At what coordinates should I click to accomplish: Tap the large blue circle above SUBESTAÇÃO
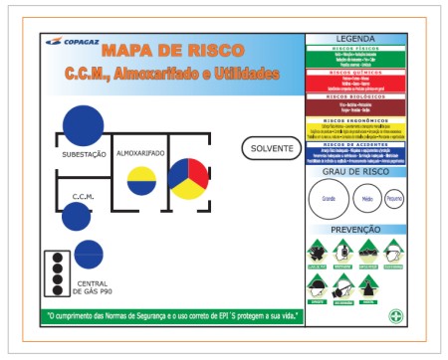pyautogui.click(x=83, y=124)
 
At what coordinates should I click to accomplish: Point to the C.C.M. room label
pyautogui.click(x=83, y=197)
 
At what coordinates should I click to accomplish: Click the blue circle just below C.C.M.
pyautogui.click(x=76, y=216)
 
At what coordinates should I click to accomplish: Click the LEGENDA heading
pyautogui.click(x=355, y=38)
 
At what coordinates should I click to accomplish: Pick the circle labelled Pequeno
pyautogui.click(x=394, y=199)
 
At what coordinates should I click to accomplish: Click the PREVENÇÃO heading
pyautogui.click(x=355, y=229)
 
